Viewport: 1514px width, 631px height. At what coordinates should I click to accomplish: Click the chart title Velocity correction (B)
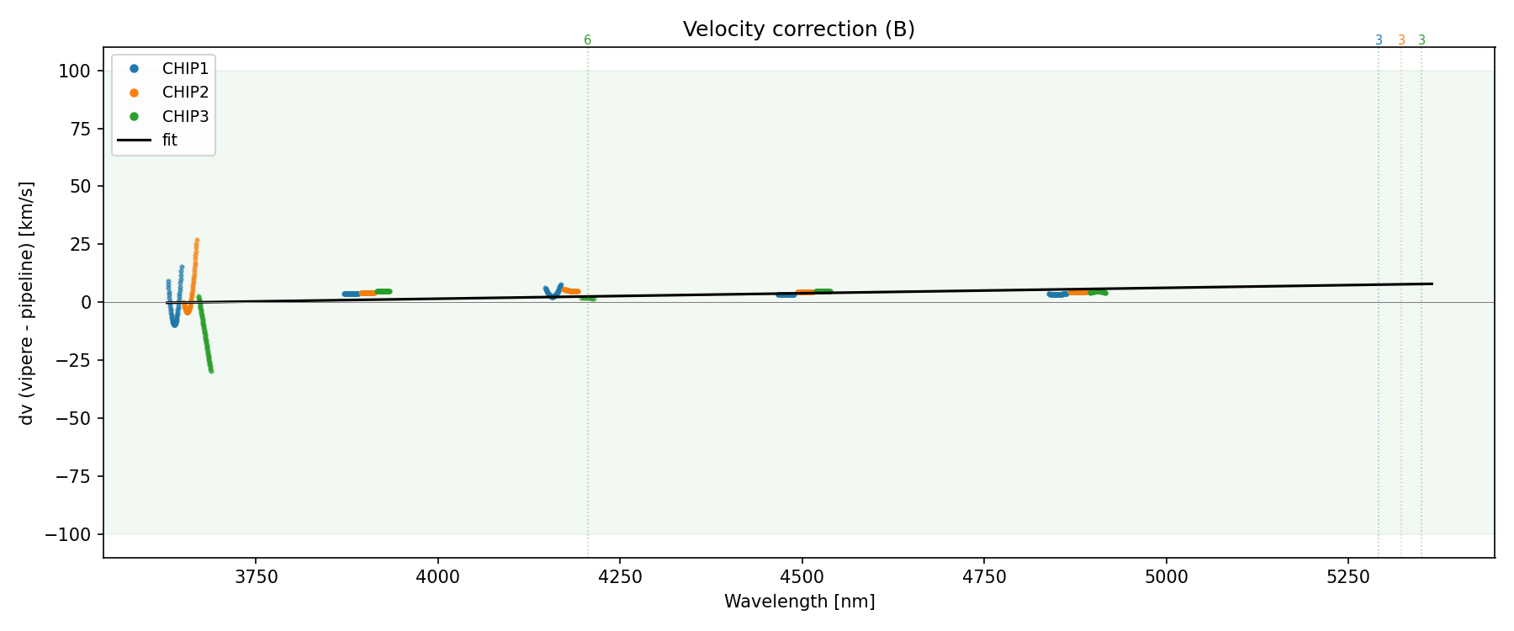[x=798, y=29]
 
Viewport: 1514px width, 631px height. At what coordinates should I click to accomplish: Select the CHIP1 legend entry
[x=185, y=68]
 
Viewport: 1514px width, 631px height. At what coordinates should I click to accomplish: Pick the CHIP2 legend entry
[x=185, y=93]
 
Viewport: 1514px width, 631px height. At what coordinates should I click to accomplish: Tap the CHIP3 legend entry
[x=185, y=117]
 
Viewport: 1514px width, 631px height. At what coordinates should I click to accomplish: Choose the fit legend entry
[x=170, y=141]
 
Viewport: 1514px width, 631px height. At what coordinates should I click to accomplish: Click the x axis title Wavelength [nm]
[x=799, y=602]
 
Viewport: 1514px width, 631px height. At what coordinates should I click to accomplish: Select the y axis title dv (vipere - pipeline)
[x=27, y=302]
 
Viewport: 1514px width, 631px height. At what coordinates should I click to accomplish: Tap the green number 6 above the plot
[x=587, y=40]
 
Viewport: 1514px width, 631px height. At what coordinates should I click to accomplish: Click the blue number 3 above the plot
[x=1379, y=40]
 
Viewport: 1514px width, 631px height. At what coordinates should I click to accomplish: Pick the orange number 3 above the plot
[x=1401, y=40]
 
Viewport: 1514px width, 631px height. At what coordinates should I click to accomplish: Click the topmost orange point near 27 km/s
[x=197, y=240]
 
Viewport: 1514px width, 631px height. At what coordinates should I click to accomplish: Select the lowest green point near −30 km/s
[x=210, y=371]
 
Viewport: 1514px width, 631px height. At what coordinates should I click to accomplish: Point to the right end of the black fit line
[x=1432, y=284]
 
